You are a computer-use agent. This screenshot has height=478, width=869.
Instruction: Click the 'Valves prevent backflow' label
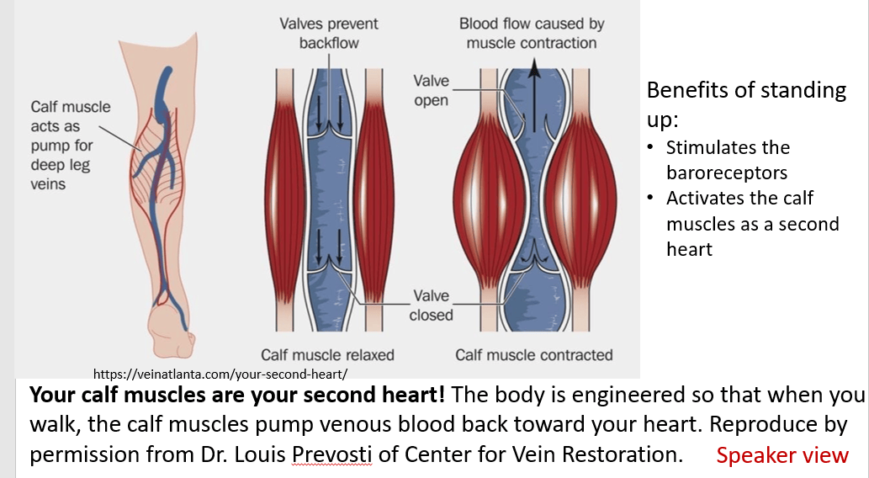tap(329, 34)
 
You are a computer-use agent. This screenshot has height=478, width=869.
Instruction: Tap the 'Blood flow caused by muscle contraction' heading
tap(532, 34)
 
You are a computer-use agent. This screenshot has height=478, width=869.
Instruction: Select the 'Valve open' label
tap(431, 90)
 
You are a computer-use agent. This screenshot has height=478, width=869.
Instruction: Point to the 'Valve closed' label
tap(431, 305)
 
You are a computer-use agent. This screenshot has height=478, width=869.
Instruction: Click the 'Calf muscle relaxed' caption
tap(327, 355)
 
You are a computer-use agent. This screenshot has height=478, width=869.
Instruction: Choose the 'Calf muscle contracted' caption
tap(533, 355)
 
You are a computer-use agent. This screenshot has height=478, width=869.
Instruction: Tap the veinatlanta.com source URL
tap(220, 374)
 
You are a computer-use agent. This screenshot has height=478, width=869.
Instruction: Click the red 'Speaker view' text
tap(782, 455)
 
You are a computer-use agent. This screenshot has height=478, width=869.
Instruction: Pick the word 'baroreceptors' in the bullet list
tap(727, 173)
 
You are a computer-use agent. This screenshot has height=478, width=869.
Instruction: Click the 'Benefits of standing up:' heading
tap(746, 104)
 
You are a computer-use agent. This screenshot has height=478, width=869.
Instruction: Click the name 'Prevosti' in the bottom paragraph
tap(332, 454)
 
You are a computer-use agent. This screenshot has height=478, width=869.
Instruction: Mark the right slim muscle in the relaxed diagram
tap(374, 199)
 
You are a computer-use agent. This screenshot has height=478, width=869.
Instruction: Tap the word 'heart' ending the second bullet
tap(690, 249)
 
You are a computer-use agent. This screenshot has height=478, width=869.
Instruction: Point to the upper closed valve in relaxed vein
tap(329, 128)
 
